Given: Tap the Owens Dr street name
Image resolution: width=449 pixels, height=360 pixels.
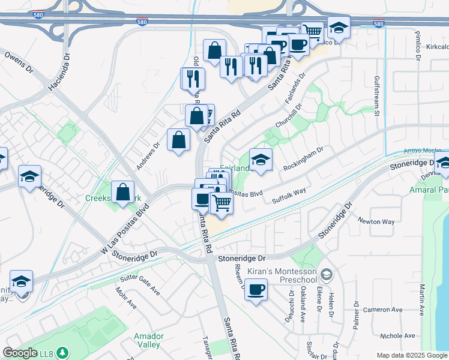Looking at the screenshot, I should coord(19,62).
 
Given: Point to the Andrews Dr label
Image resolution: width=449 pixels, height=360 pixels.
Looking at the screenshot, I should coord(149,153).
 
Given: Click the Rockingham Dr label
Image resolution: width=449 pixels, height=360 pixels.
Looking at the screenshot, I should coord(304,158).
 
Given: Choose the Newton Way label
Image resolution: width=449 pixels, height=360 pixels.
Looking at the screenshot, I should coord(376,221).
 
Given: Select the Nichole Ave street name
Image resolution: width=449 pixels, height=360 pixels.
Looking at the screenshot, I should coord(398,336).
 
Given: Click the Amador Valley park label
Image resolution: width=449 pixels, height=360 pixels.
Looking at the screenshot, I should coord(147,340).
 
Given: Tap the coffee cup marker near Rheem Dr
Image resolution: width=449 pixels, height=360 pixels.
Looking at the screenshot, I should coord(256,289).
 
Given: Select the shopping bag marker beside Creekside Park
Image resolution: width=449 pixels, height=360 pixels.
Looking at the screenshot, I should coord(123,192).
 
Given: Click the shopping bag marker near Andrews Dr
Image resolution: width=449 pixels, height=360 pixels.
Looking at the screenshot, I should coord(179,140).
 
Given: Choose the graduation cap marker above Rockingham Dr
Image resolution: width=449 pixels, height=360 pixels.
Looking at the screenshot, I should coord(261,160).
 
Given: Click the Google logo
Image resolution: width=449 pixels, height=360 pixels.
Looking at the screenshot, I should coord(20,353).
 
